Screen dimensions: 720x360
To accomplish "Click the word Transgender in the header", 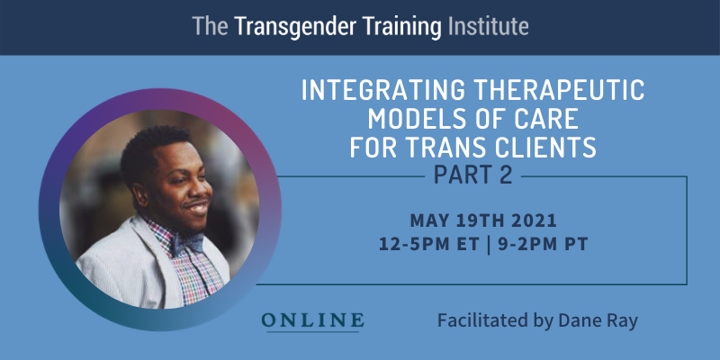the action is (x=295, y=27).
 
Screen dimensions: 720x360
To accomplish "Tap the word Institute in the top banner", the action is (x=488, y=27).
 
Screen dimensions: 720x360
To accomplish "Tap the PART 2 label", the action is (x=473, y=175).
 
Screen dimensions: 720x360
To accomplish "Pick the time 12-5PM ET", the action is (x=428, y=244).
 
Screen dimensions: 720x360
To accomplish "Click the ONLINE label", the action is (x=312, y=320).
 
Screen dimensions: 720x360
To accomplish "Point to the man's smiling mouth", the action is (x=198, y=209).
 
